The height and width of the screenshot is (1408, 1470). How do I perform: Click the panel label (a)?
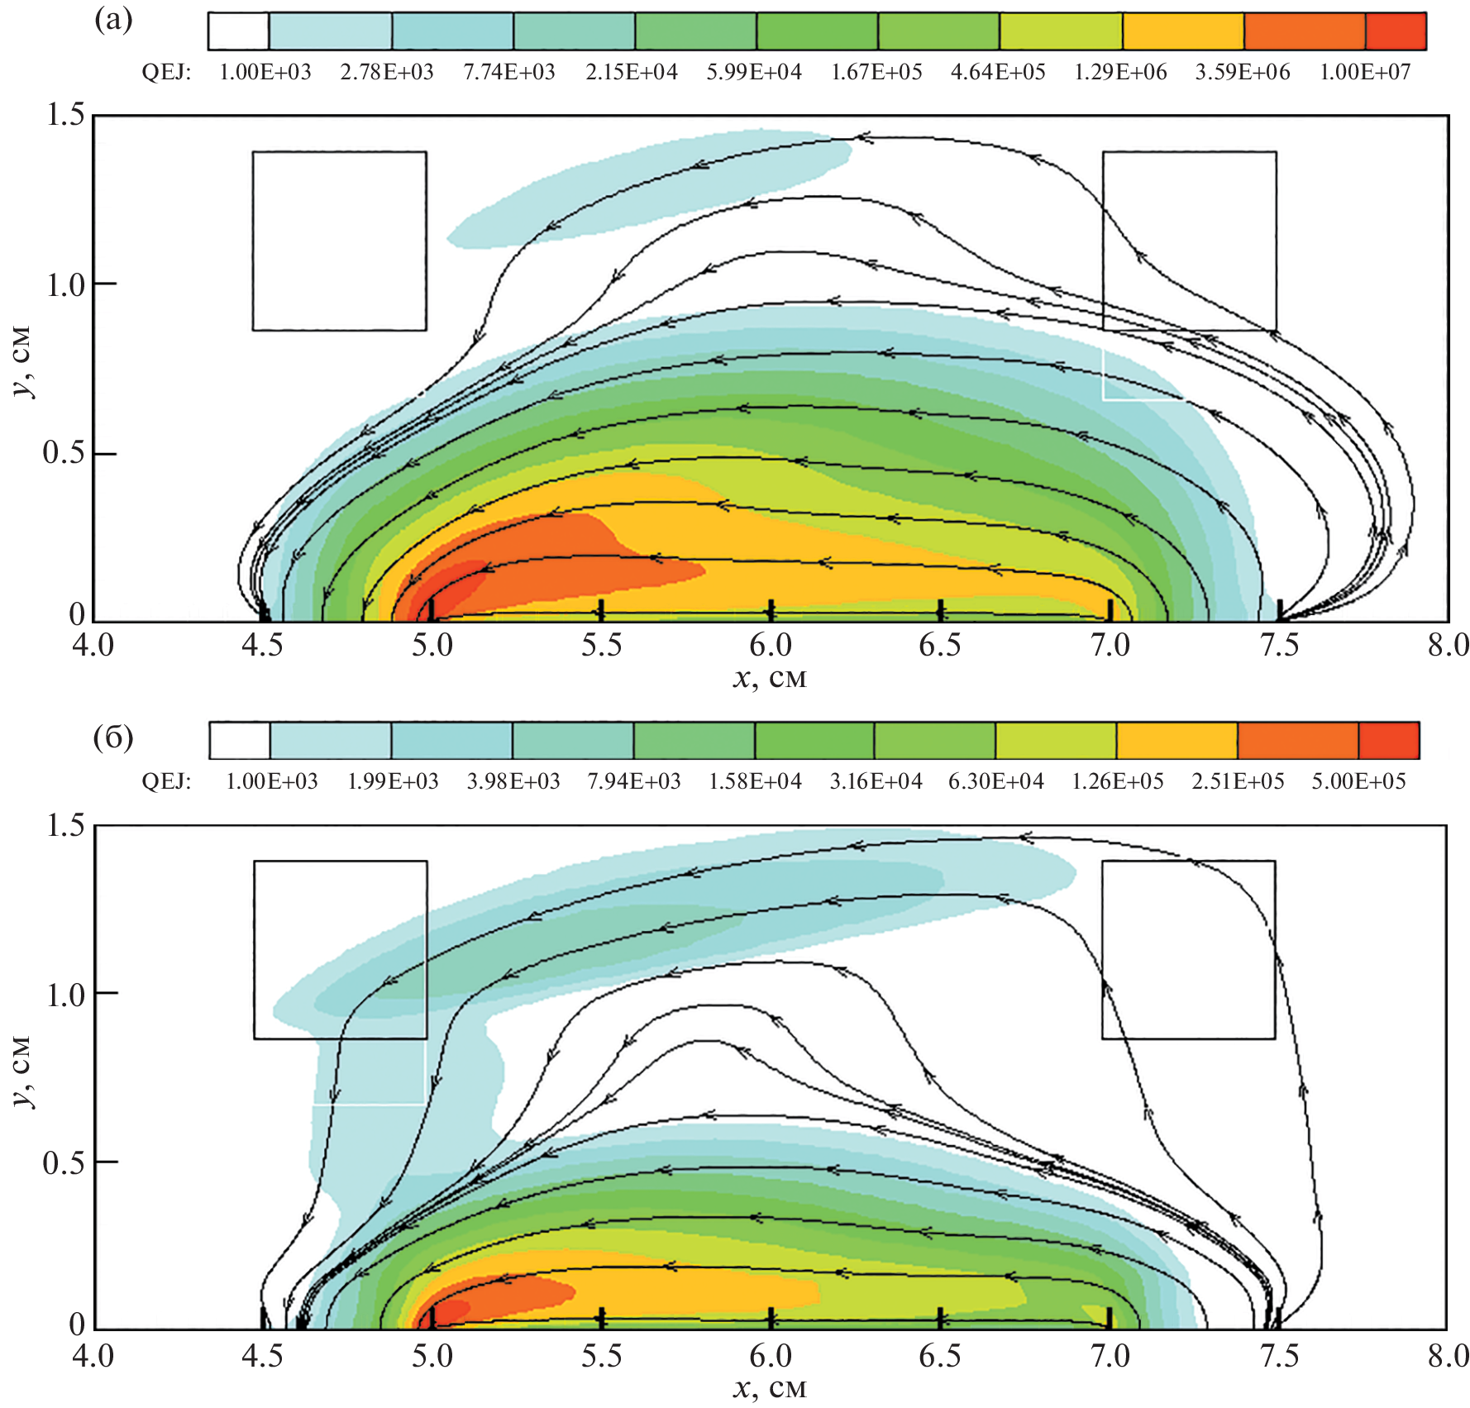113,20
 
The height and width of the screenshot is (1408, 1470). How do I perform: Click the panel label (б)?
113,737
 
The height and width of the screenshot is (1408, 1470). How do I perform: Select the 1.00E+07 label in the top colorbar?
1364,73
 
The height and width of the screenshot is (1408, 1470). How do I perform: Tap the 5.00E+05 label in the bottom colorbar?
1358,781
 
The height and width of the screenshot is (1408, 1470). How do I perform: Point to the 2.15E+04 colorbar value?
632,73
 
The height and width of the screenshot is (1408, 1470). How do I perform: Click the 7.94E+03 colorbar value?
634,781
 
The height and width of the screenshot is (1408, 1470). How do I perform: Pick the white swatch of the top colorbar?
238,31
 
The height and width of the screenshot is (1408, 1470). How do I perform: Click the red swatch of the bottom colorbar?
1389,740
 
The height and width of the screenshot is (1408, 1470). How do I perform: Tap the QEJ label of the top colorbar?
166,73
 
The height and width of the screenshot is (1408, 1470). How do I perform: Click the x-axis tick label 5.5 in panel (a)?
601,646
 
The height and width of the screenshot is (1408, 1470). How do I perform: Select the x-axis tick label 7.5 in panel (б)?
1279,1356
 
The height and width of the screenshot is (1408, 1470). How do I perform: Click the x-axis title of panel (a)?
769,678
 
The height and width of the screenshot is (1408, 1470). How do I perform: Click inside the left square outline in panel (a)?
339,241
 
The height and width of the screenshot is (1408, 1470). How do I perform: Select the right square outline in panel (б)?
1188,950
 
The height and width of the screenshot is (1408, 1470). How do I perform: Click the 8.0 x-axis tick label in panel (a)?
1448,646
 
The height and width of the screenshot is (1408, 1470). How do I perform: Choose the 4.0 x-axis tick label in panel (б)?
93,1356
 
